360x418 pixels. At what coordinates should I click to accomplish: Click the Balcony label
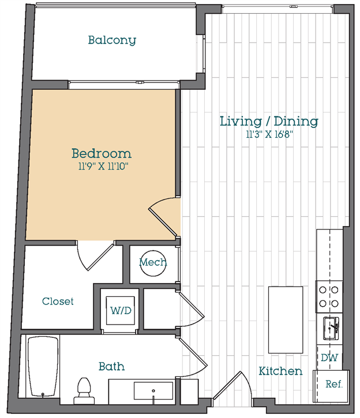coord(112,40)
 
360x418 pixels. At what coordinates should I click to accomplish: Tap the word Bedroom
coord(102,153)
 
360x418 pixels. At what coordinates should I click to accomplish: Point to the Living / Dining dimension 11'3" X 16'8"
coord(269,134)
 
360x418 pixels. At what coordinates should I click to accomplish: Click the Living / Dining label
coord(269,121)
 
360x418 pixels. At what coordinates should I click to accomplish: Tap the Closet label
coord(58,301)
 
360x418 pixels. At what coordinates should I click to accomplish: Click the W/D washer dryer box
coord(120,310)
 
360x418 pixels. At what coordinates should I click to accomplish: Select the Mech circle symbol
coord(153,263)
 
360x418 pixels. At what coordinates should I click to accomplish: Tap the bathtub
coord(43,366)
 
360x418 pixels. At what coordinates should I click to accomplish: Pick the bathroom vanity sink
coord(153,391)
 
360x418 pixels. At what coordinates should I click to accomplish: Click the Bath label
coord(111,367)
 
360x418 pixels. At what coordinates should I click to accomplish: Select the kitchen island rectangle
coord(286,320)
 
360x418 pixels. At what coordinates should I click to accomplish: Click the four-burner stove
coord(329,297)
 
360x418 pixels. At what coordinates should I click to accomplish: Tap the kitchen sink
coord(331,328)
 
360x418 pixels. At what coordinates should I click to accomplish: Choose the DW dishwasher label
coord(329,358)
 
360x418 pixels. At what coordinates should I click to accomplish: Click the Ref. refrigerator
coord(331,386)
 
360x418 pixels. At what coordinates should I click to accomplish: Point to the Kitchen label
coord(280,371)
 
